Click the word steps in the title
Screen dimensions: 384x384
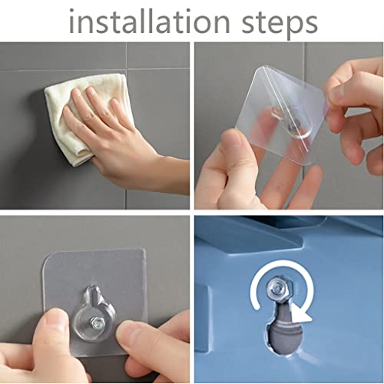pos(280,24)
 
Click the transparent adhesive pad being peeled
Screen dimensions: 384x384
pos(282,115)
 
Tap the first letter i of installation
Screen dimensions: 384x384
pos(71,22)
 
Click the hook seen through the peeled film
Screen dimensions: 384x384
pos(290,123)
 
